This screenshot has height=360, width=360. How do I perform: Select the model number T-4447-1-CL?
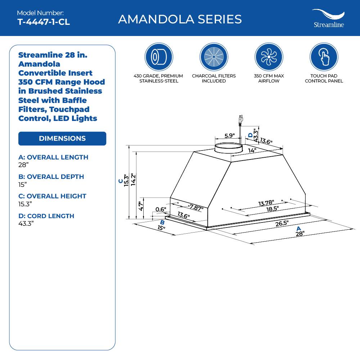pyautogui.click(x=43, y=22)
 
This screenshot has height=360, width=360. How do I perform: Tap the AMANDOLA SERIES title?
pyautogui.click(x=180, y=19)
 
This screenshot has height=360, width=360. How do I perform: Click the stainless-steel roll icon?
pyautogui.click(x=159, y=57)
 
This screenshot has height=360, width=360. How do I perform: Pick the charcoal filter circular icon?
pyautogui.click(x=214, y=57)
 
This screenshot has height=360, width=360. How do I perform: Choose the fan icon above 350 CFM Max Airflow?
pyautogui.click(x=269, y=57)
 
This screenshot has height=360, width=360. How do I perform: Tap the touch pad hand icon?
pyautogui.click(x=324, y=57)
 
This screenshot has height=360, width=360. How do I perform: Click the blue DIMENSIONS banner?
pyautogui.click(x=62, y=139)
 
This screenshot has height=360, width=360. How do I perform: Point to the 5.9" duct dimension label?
pyautogui.click(x=229, y=136)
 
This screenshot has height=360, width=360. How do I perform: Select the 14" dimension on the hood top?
pyautogui.click(x=252, y=150)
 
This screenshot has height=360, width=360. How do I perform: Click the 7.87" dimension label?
pyautogui.click(x=197, y=207)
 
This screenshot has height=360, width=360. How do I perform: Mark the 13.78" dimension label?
pyautogui.click(x=266, y=203)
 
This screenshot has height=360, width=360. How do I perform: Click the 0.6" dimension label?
pyautogui.click(x=161, y=210)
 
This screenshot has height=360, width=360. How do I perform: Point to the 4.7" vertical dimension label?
pyautogui.click(x=141, y=206)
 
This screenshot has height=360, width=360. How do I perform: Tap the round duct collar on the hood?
pyautogui.click(x=228, y=148)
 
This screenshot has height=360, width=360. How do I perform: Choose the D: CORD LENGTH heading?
pyautogui.click(x=46, y=216)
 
